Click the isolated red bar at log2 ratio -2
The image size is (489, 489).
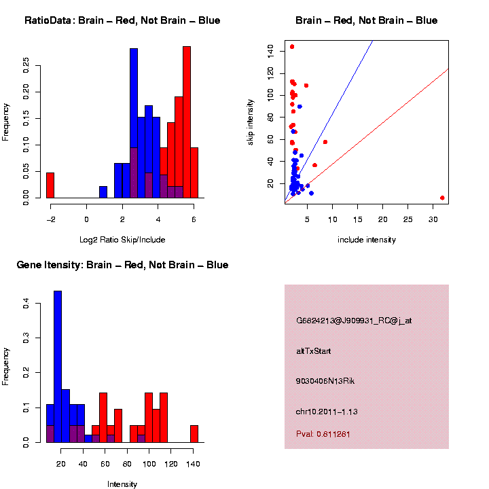[x=50, y=185]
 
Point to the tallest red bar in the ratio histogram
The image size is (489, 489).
[x=187, y=122]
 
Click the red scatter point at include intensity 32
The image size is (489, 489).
[x=442, y=198]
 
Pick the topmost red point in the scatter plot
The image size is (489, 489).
[x=292, y=47]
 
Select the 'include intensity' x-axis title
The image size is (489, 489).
[x=367, y=240]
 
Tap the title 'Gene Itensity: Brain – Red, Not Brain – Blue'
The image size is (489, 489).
[x=122, y=265]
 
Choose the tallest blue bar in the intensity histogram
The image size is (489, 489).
[x=58, y=367]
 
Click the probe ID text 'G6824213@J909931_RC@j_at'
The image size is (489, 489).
[x=353, y=321]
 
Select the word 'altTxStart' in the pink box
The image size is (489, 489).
[x=313, y=351]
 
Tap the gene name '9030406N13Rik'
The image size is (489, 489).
[x=325, y=381]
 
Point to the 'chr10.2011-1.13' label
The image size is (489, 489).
[x=327, y=411]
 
